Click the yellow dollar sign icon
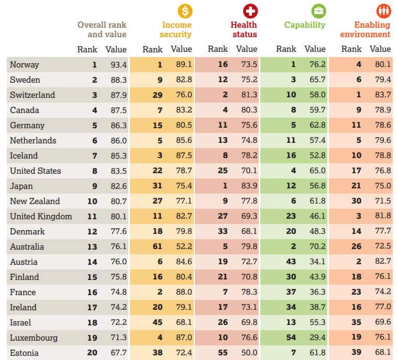coord(185,10)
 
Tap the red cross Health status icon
coord(250,10)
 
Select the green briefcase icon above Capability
coord(318,10)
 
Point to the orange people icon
coord(384,10)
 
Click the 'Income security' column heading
coord(176,29)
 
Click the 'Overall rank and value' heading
coord(102,29)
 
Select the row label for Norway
coord(24,65)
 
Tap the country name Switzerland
coord(32,95)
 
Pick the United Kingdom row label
coord(41,216)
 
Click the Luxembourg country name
coord(34,337)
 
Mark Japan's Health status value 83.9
coord(247,186)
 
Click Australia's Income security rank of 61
coord(157,247)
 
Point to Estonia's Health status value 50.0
coord(247,353)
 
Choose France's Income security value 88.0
coord(182,292)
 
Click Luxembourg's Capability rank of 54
coord(291,337)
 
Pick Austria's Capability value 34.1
coord(315,262)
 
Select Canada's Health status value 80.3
coord(247,110)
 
